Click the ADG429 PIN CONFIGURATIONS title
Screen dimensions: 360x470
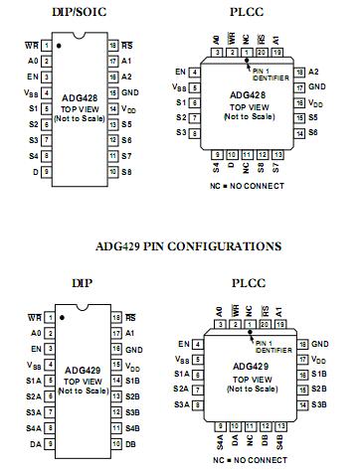coord(179,243)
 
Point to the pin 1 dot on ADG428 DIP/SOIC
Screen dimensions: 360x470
coord(59,46)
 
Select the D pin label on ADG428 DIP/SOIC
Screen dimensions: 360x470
coord(35,171)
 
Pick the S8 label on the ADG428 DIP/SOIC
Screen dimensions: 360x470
coord(126,171)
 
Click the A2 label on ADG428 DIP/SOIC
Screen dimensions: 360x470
coord(126,77)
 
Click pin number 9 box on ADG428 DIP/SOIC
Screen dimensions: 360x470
coord(49,171)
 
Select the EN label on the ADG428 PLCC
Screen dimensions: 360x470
coord(180,72)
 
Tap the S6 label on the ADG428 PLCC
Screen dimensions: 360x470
coord(314,132)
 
